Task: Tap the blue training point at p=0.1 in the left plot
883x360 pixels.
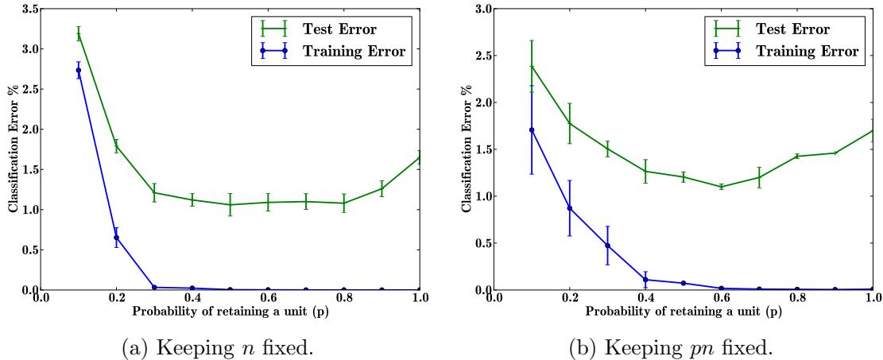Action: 78,71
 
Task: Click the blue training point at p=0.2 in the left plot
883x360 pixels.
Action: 116,238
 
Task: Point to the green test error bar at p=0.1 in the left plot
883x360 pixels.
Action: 78,33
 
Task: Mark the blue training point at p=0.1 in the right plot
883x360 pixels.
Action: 532,130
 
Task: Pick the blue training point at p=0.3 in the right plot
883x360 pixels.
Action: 608,246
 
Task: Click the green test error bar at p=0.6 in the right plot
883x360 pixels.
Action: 722,187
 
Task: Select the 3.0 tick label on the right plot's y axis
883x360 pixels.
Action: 479,9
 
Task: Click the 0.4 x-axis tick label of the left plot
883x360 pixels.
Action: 192,299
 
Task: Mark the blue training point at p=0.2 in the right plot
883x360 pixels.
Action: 570,208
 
